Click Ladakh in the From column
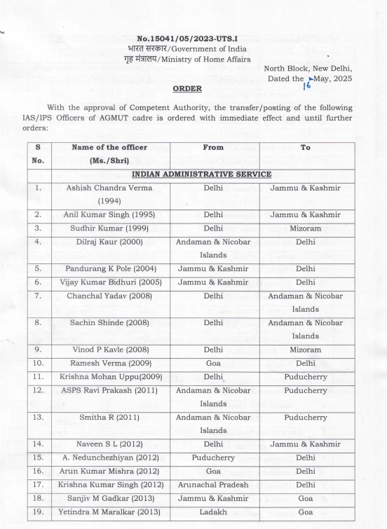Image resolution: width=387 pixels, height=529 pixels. pos(213,511)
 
